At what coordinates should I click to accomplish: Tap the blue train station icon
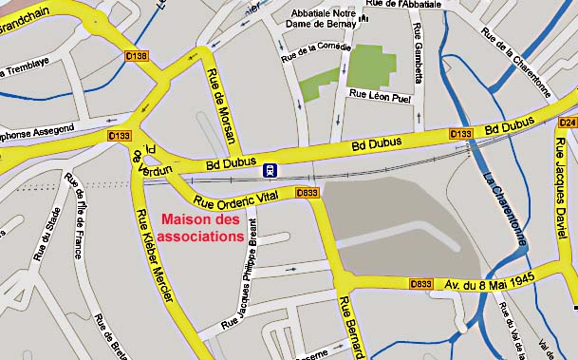271,170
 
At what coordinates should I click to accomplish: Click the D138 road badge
137,57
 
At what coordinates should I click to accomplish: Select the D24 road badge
568,123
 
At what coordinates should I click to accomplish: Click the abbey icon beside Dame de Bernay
364,18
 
